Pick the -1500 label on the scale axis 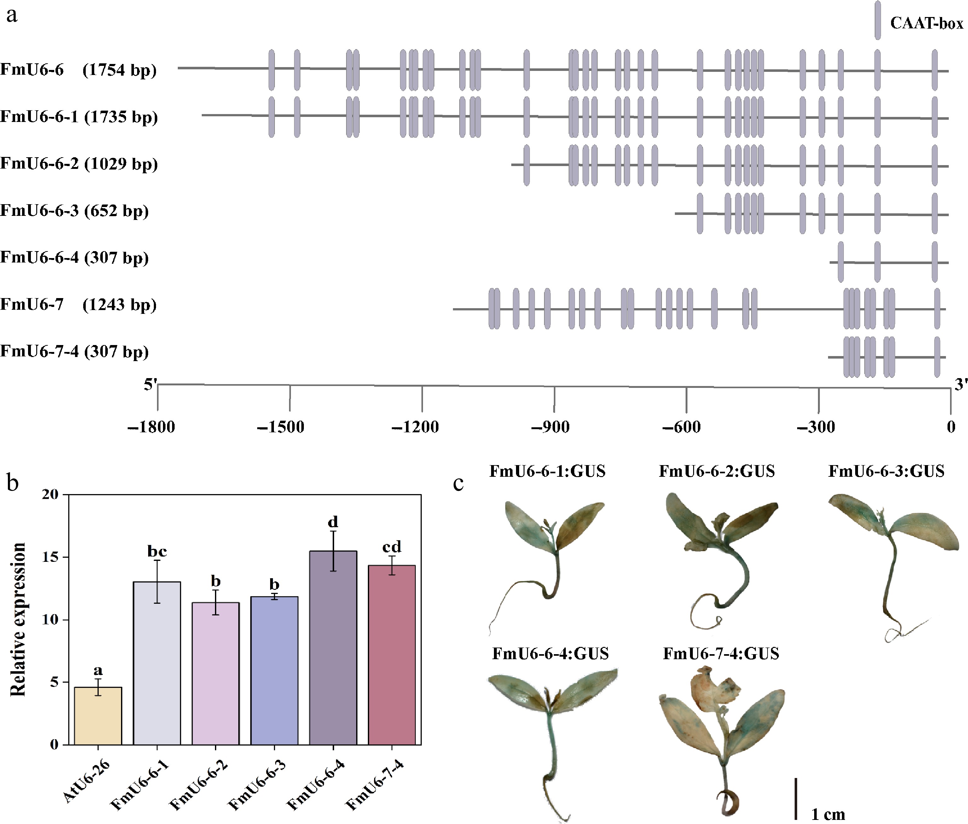click(x=281, y=427)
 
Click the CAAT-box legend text click(x=926, y=23)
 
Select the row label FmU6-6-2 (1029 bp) click(x=79, y=164)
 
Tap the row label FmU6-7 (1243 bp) click(x=78, y=305)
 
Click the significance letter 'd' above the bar click(x=333, y=522)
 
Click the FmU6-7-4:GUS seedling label click(x=721, y=654)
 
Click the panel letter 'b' click(x=13, y=482)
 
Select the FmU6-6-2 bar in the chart click(x=215, y=674)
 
